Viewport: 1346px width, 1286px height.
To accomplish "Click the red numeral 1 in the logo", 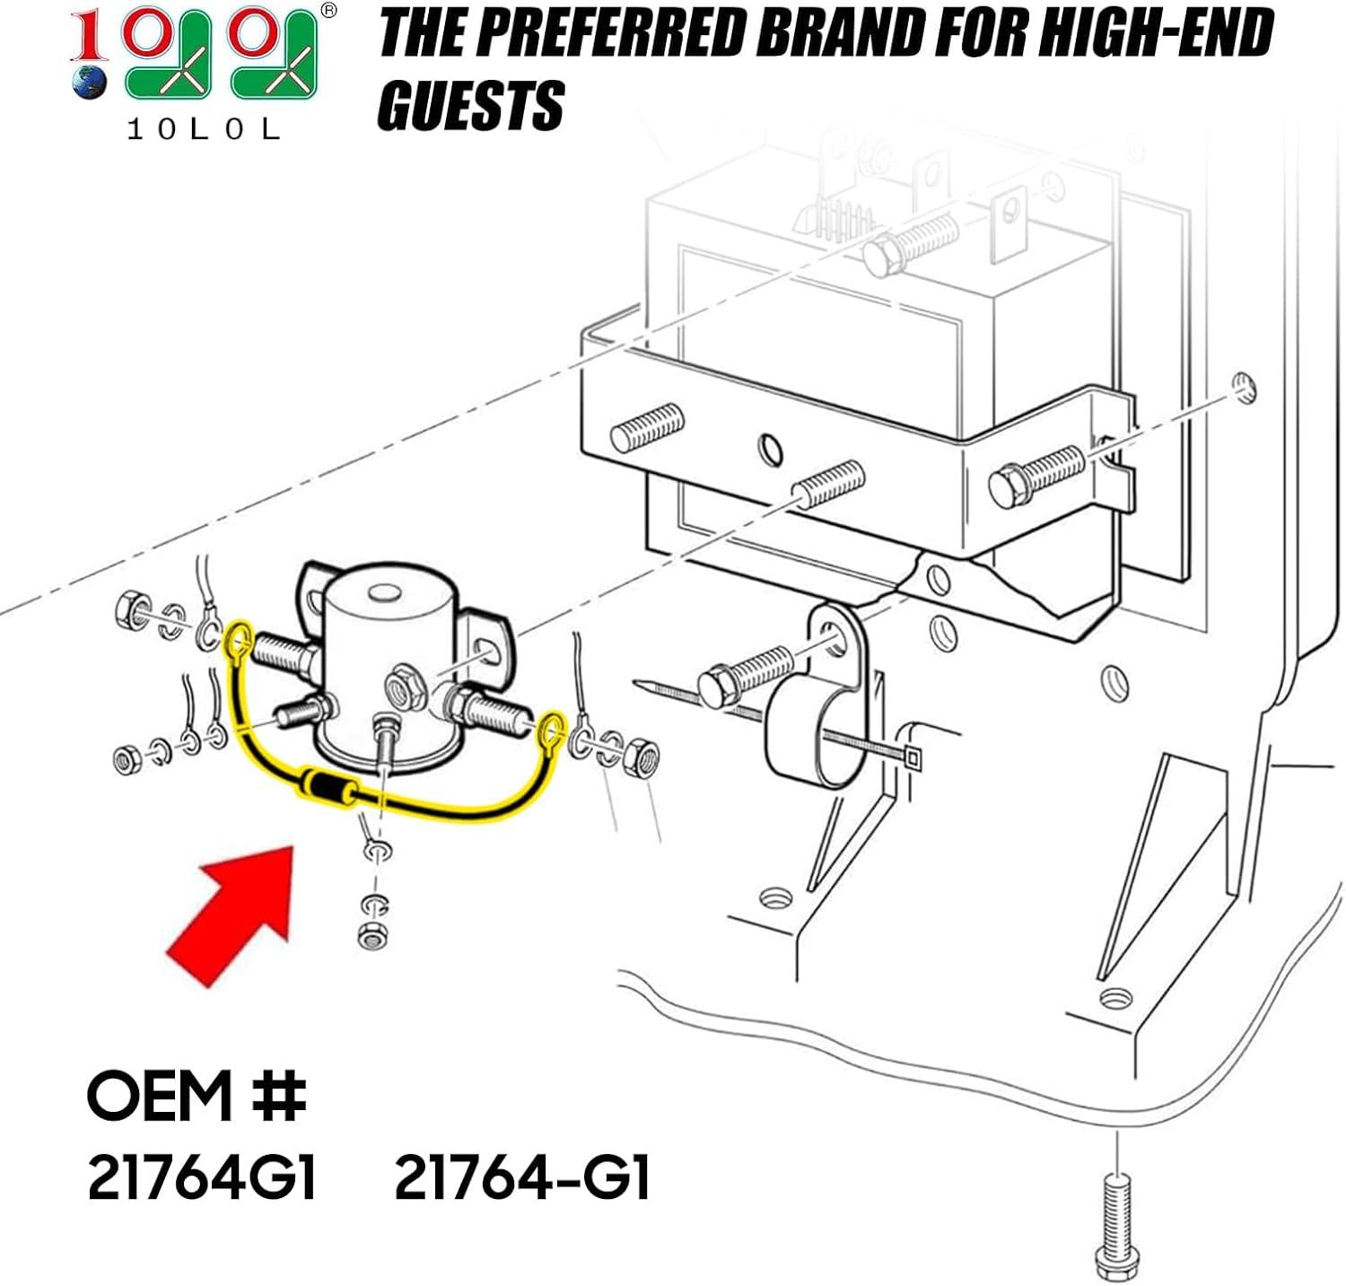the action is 91,38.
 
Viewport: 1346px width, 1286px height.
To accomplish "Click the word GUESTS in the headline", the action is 470,104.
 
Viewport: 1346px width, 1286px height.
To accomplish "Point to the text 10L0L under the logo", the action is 204,129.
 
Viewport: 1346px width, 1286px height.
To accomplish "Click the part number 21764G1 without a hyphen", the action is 202,1177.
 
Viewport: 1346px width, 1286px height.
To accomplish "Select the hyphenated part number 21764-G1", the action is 521,1177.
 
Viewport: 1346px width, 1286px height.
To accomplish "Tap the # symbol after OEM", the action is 279,1095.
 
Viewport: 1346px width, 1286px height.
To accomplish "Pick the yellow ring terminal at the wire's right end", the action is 552,730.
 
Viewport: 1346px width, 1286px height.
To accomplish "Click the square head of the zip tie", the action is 913,757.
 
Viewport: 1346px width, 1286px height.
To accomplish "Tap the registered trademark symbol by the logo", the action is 328,11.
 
